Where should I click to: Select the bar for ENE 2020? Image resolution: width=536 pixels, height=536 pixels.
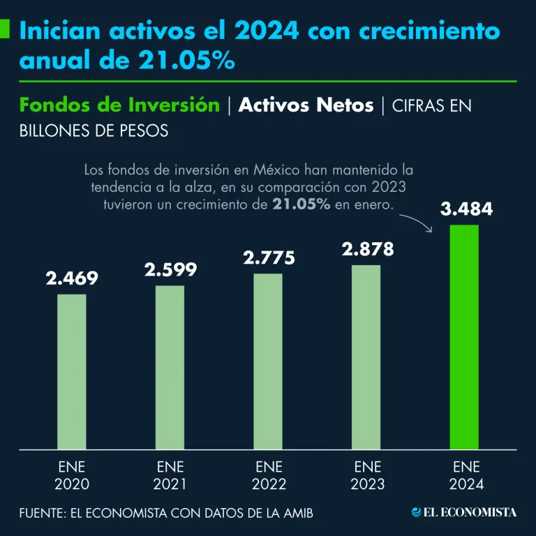click(x=72, y=371)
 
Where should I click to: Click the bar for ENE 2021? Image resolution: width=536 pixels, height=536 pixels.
click(x=170, y=367)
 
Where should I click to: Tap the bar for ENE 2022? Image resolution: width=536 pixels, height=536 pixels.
click(x=268, y=361)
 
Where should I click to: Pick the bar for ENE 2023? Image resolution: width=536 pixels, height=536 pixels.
click(x=366, y=357)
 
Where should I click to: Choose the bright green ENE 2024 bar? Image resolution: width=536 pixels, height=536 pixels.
click(x=464, y=336)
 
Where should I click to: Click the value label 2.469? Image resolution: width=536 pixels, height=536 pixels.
click(x=72, y=278)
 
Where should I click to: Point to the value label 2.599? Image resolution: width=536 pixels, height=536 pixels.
click(x=170, y=269)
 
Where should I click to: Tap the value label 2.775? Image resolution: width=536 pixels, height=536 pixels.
click(x=269, y=258)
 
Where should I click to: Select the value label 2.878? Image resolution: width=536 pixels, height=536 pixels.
click(x=367, y=249)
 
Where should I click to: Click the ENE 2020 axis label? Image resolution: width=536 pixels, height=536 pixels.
click(x=72, y=475)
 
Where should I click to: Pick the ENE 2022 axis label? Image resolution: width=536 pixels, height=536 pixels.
click(x=269, y=475)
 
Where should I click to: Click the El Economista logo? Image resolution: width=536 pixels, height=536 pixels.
click(x=464, y=512)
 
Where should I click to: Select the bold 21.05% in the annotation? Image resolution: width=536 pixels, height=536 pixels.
click(x=301, y=204)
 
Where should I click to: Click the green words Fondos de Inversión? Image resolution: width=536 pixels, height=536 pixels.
click(x=119, y=105)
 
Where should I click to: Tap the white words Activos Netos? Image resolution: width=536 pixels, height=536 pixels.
click(x=306, y=105)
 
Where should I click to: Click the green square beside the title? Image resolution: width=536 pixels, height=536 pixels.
click(x=4, y=30)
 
